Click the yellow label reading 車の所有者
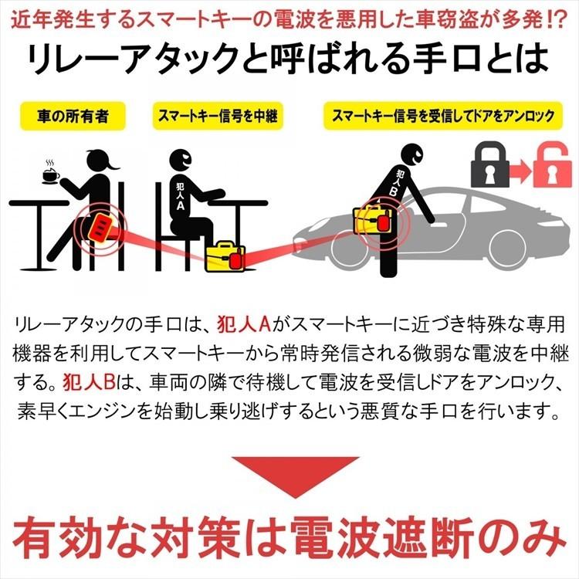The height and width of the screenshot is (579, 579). coord(73,118)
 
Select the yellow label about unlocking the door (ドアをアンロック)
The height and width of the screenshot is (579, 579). coord(442,118)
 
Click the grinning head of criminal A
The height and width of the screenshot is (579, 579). coord(184,161)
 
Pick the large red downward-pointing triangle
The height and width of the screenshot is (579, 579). coord(289,476)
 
